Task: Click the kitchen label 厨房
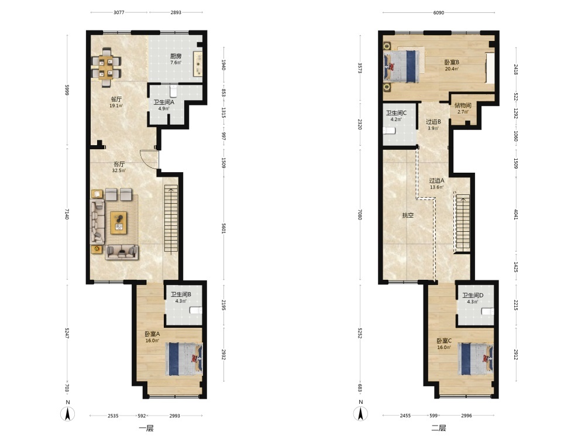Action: click(x=175, y=56)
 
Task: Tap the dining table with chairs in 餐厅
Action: click(x=106, y=67)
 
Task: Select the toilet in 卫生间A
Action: click(x=174, y=91)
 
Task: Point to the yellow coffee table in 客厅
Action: click(x=119, y=223)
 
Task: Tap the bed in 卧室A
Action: click(x=184, y=359)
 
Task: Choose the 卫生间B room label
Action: click(x=181, y=294)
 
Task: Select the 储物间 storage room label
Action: click(x=463, y=105)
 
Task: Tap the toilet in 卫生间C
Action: click(x=389, y=131)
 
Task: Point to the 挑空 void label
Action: click(x=408, y=215)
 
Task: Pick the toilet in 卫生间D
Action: click(x=488, y=311)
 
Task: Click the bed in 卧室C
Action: click(x=476, y=359)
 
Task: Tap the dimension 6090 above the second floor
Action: click(x=439, y=13)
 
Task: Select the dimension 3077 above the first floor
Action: click(x=119, y=12)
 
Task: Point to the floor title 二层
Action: click(x=439, y=428)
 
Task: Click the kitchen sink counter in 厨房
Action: click(x=198, y=64)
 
